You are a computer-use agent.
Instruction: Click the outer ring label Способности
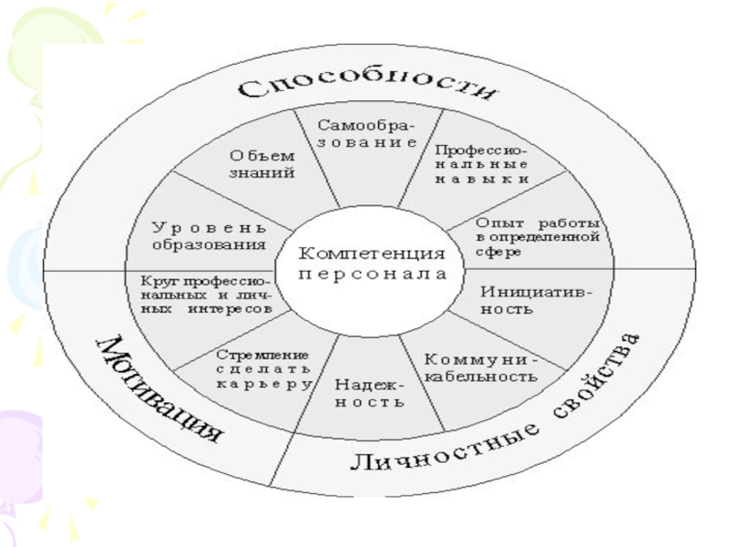click(x=369, y=88)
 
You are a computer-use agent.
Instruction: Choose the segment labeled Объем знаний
click(x=262, y=165)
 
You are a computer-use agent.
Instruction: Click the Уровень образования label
click(x=209, y=235)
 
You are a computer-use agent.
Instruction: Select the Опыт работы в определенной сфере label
click(x=537, y=238)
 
